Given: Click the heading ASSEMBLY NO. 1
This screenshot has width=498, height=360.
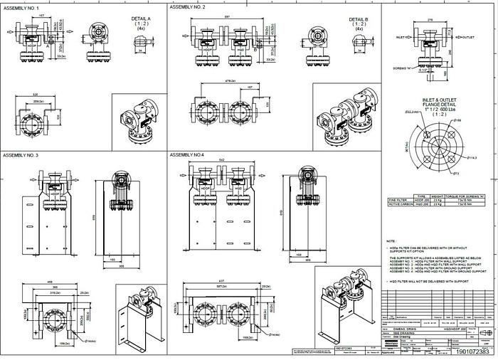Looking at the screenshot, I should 19,6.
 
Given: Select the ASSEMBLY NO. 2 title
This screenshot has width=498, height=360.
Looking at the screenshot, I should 187,6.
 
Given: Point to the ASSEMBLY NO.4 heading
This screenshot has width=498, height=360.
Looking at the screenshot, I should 186,154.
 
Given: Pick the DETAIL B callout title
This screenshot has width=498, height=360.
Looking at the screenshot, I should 358,20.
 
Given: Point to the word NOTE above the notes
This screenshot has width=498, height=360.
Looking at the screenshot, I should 391,241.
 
